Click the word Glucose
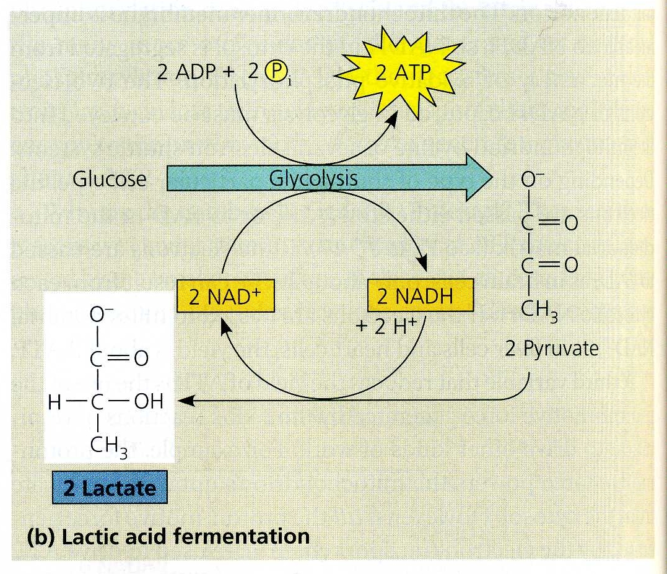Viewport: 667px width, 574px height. (x=110, y=179)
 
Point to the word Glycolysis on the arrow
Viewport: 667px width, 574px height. (x=313, y=178)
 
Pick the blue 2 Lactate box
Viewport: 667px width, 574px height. (x=109, y=489)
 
